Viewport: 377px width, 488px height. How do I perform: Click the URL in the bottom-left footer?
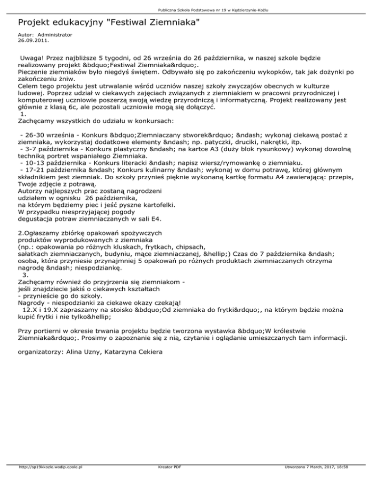50,481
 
